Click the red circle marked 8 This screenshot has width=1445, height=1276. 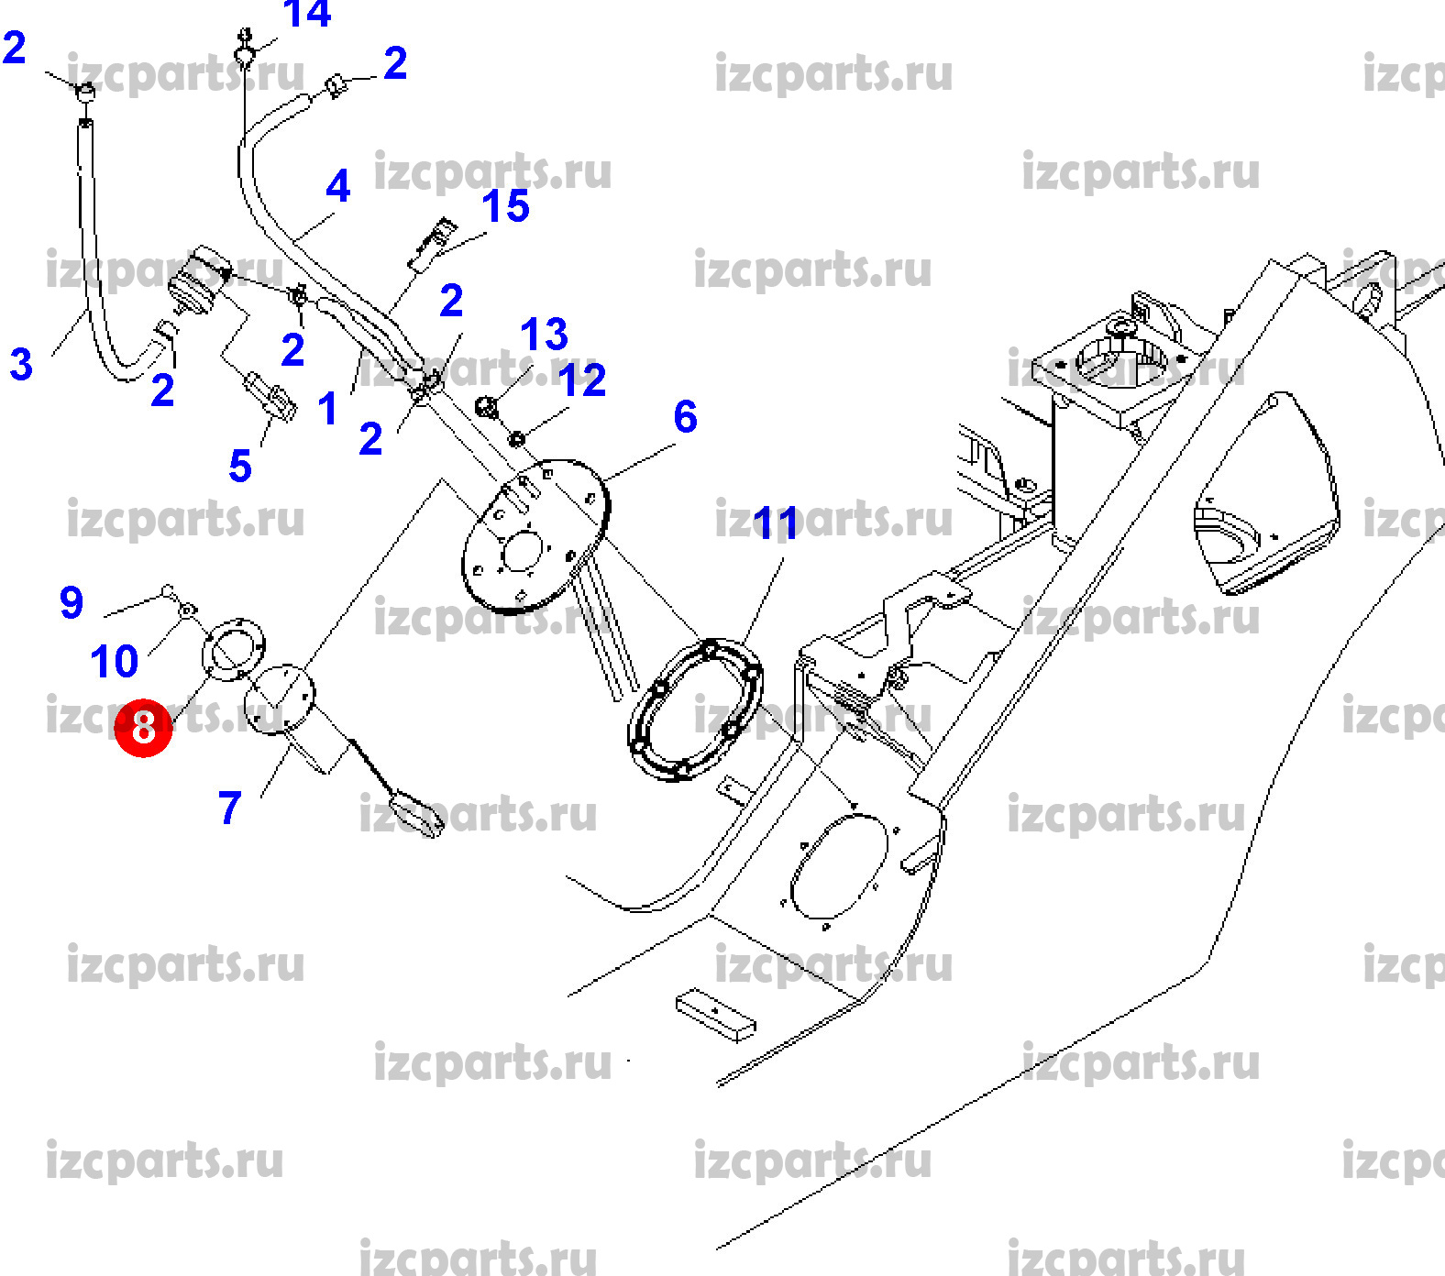click(144, 728)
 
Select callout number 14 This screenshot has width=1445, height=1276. click(306, 14)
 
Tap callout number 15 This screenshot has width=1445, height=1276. click(505, 206)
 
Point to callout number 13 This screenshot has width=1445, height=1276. click(544, 335)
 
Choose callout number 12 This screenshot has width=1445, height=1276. click(582, 379)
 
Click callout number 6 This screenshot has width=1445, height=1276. click(685, 416)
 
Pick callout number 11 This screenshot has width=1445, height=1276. click(776, 524)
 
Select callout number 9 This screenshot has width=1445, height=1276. click(72, 602)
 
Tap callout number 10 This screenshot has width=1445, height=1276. click(115, 661)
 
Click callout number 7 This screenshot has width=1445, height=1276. click(229, 808)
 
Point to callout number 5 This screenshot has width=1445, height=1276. click(240, 466)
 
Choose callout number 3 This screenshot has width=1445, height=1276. click(21, 364)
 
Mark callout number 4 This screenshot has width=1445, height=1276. click(337, 186)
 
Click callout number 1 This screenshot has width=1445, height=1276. click(327, 408)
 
